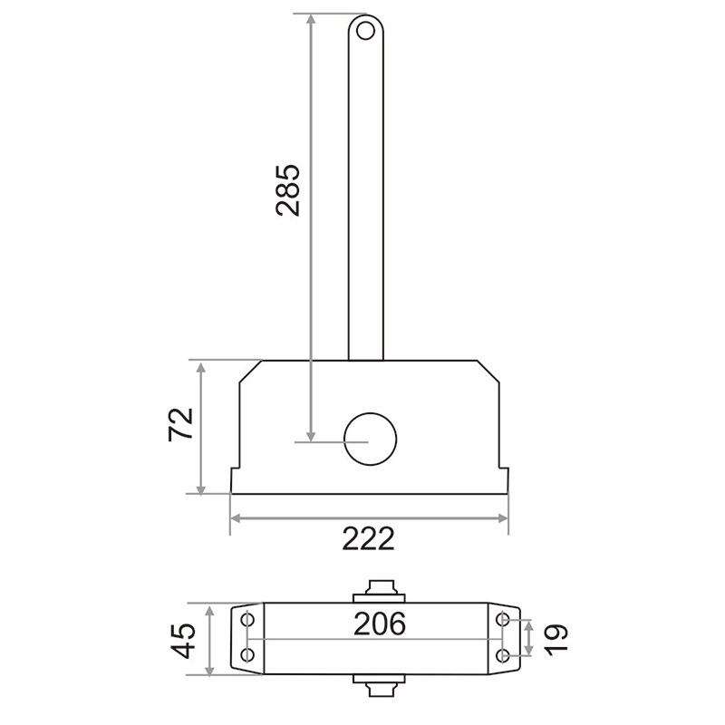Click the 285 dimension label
coord(287,189)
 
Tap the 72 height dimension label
coord(180,424)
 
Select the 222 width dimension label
coord(369,538)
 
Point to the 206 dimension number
coord(380,623)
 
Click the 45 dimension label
coord(184,641)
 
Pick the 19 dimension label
coord(556,639)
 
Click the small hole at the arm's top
coord(365,32)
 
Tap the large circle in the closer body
coord(371,439)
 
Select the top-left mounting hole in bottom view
coord(247,619)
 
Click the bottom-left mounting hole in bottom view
coord(247,654)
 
